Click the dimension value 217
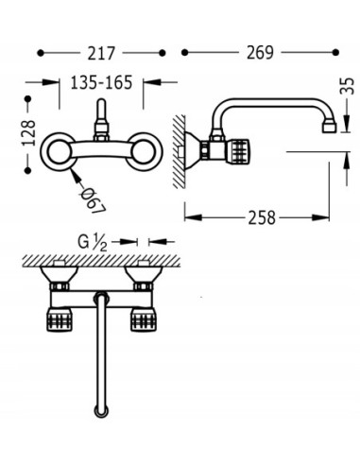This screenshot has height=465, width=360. [x=101, y=53]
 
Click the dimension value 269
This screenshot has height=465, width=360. [x=260, y=52]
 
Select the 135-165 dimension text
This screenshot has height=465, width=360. [x=101, y=83]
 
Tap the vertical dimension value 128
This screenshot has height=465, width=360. [x=28, y=133]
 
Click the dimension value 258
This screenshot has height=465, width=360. [x=262, y=217]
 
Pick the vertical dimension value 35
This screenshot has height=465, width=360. [x=347, y=86]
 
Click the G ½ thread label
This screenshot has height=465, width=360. [x=93, y=243]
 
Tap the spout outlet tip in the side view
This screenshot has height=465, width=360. [x=329, y=128]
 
